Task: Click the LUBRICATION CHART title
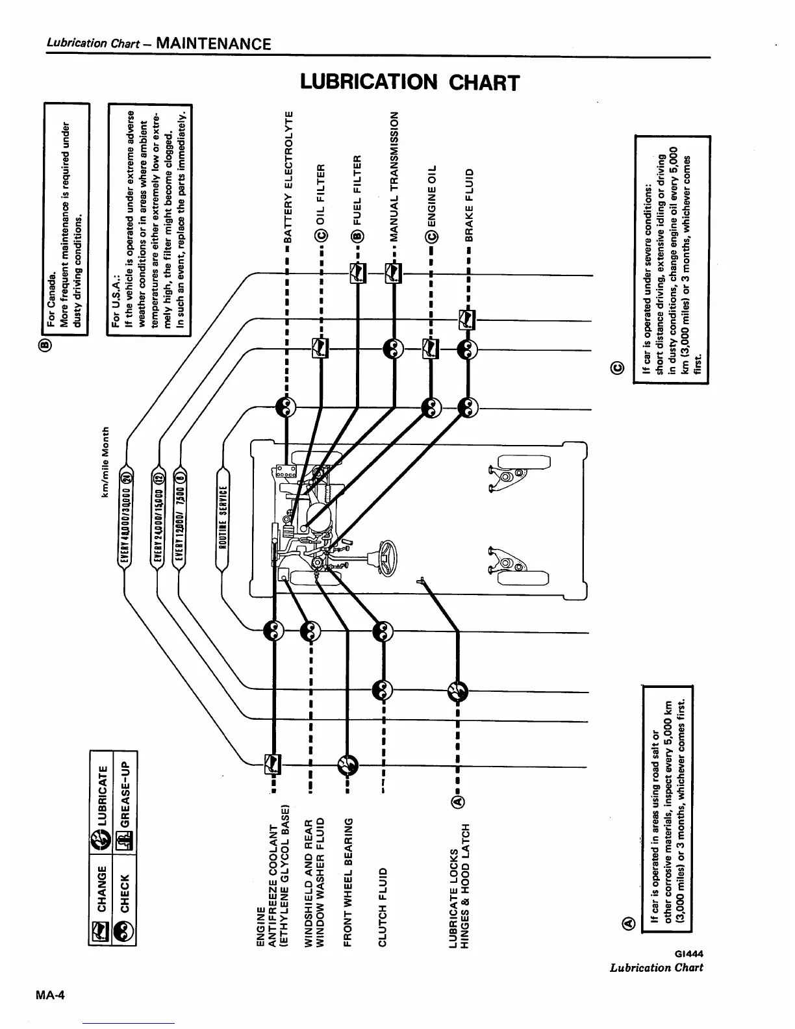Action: tap(410, 83)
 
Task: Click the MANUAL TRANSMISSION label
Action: tap(393, 175)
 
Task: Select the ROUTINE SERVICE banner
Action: tap(221, 516)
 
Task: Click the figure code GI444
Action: tap(690, 954)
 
